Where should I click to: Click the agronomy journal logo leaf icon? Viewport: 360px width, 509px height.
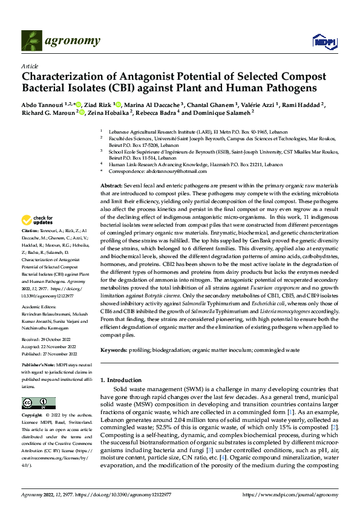click(x=31, y=41)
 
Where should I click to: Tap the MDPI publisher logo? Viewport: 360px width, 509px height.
click(x=321, y=41)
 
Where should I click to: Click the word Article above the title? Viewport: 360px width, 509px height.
click(x=29, y=66)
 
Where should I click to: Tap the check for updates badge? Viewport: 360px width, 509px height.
click(x=41, y=220)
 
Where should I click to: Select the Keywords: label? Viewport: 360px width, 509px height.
click(x=115, y=350)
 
